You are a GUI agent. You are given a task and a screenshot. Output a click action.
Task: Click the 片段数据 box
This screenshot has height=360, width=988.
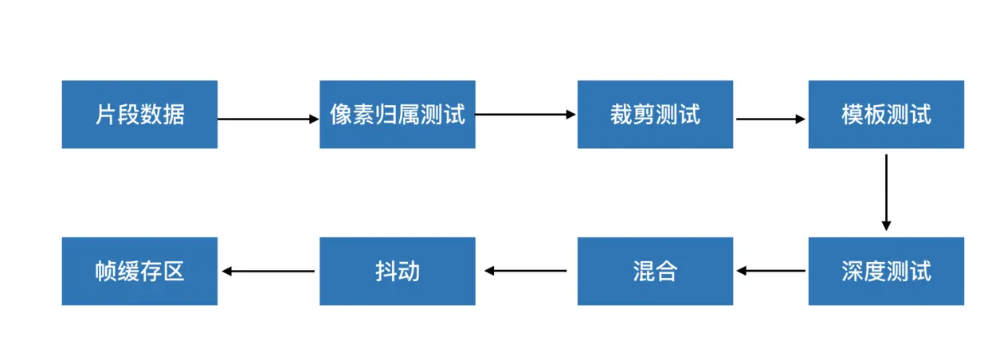[139, 114]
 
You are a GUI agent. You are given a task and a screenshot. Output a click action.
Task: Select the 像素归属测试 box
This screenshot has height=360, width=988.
[397, 114]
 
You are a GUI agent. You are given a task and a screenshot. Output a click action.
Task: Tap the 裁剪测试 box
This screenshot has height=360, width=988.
[655, 114]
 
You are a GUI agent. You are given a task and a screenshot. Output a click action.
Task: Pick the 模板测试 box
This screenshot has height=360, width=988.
[886, 114]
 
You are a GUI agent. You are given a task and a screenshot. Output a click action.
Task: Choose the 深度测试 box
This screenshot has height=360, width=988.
[886, 271]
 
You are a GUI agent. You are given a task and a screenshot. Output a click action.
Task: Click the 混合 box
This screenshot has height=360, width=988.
[655, 271]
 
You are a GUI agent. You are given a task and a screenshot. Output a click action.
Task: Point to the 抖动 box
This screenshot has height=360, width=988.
[397, 271]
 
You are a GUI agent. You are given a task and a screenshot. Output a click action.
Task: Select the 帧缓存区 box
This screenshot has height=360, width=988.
[139, 271]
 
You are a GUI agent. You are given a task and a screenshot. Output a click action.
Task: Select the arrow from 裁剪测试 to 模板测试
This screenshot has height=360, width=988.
[770, 119]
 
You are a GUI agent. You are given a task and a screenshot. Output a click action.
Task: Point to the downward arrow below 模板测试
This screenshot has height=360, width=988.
[886, 192]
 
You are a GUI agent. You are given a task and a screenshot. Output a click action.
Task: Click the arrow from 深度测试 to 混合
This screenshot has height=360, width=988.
[770, 271]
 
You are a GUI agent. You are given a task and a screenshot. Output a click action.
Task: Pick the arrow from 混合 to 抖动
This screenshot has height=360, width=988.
[526, 271]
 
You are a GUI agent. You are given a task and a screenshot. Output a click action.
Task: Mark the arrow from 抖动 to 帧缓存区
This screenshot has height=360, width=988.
[268, 271]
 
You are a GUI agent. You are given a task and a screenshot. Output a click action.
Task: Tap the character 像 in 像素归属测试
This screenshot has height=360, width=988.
[341, 115]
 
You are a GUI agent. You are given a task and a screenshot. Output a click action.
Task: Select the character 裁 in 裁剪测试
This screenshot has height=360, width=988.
[621, 115]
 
